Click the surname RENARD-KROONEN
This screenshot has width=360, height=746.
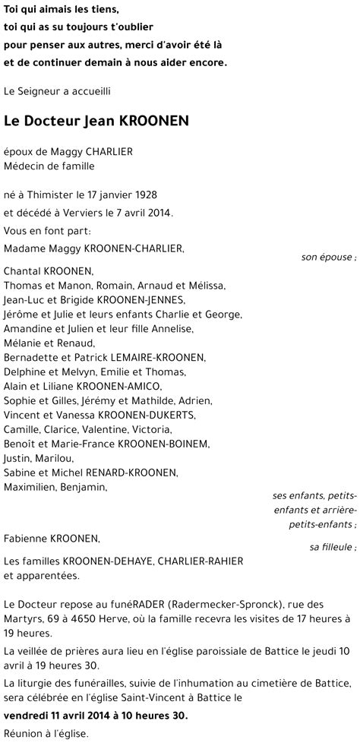point(132,473)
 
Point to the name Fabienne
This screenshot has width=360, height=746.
point(25,539)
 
